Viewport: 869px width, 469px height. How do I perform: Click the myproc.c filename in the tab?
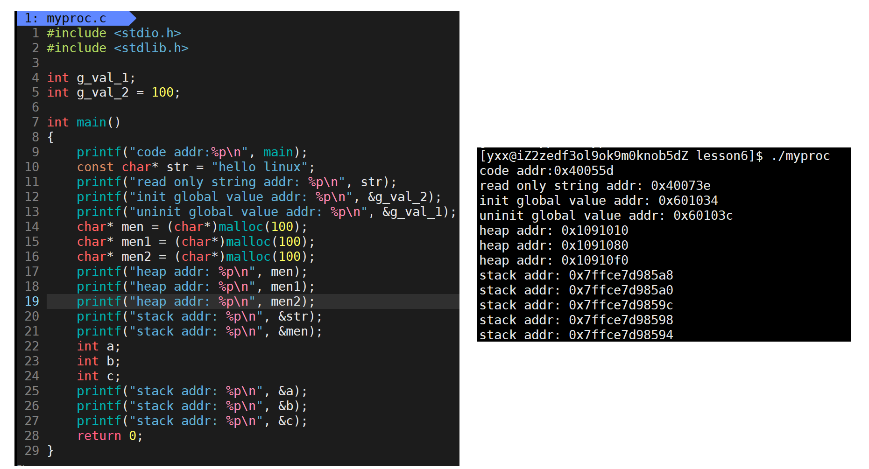tap(76, 18)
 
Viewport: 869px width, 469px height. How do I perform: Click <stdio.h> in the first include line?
tap(147, 33)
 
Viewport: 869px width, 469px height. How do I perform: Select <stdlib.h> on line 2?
tap(151, 48)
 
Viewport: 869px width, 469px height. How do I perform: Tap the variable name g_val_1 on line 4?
tap(105, 78)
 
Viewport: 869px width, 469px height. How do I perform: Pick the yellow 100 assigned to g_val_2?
tap(162, 92)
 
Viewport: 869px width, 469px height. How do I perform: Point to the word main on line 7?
tap(91, 122)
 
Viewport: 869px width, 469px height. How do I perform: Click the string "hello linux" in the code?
tap(260, 167)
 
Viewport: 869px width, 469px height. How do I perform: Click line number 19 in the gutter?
tap(32, 301)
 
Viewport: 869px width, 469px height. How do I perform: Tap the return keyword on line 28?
tap(99, 436)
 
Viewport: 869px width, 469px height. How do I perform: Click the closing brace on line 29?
tap(50, 451)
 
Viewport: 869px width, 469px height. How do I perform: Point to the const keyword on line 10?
tap(95, 167)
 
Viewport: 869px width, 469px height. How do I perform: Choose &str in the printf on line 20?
tap(293, 316)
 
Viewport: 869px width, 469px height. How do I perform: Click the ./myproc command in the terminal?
tap(800, 156)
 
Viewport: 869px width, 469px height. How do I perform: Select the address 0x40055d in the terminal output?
tap(584, 171)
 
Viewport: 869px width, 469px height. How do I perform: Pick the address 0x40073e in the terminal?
tap(680, 186)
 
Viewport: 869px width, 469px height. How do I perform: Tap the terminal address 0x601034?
tap(688, 201)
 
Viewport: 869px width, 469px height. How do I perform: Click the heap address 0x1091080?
tap(594, 245)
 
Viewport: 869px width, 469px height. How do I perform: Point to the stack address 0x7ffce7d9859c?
tap(621, 305)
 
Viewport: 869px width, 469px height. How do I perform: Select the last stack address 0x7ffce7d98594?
tap(621, 335)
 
